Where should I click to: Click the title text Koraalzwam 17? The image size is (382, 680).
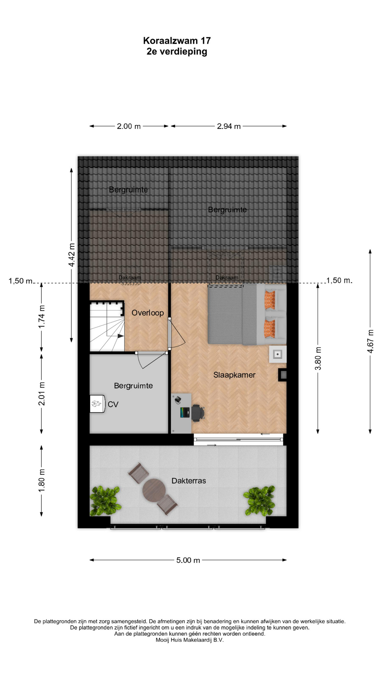[x=177, y=41]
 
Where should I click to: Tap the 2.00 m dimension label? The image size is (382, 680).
[x=129, y=126]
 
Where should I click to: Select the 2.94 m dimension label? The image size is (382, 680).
[x=229, y=126]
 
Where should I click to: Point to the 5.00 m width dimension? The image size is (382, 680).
[x=188, y=560]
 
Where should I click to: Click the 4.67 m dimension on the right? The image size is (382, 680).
[x=370, y=341]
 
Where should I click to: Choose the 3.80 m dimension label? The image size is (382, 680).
[x=318, y=358]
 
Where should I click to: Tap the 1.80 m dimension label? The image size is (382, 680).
[x=42, y=480]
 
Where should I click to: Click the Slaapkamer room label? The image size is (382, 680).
[x=234, y=375]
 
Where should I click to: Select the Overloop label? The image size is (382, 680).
[x=147, y=313]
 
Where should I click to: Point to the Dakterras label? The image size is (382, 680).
[x=189, y=481]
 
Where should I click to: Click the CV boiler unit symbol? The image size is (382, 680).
[x=97, y=404]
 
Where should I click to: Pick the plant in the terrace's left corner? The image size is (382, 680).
[x=105, y=500]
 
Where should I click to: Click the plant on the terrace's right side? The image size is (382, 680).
[x=259, y=500]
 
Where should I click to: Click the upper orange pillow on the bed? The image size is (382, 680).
[x=270, y=300]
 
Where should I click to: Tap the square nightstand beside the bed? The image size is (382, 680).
[x=278, y=354]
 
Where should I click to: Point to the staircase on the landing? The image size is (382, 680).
[x=107, y=326]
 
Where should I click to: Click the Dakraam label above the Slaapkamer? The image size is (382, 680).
[x=227, y=278]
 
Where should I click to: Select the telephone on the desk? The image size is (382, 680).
[x=178, y=399]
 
